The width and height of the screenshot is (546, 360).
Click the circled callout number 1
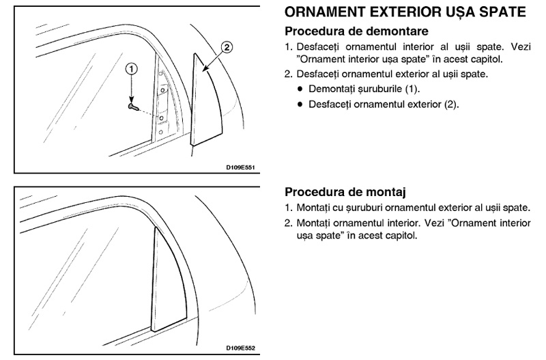tap(131, 69)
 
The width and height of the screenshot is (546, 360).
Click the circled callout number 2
tap(227, 47)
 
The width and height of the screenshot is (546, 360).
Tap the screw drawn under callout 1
tap(133, 107)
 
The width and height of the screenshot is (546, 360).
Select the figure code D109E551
tap(240, 167)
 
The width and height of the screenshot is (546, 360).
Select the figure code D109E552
tap(240, 348)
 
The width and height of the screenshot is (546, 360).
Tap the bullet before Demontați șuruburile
tap(300, 89)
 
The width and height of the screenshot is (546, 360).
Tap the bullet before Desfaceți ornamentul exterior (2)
tap(300, 105)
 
